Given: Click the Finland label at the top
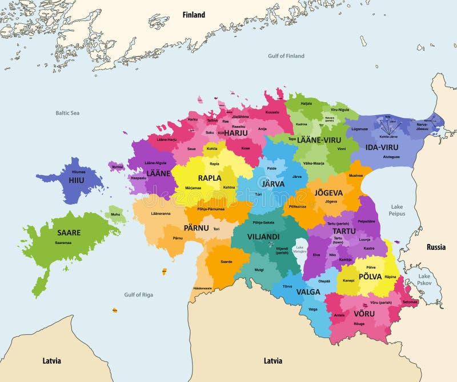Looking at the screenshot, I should tap(194, 15).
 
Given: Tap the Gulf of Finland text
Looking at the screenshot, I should tap(286, 56).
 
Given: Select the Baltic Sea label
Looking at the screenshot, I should tap(67, 113).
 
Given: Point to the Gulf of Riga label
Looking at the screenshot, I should tap(138, 294).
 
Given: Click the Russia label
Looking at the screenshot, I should tap(436, 247).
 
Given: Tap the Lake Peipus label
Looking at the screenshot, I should tap(397, 210).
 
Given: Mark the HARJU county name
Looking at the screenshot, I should tap(235, 133).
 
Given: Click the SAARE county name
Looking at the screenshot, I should tap(69, 233).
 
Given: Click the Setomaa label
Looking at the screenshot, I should tap(410, 302).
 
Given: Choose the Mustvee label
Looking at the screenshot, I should tap(355, 176).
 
